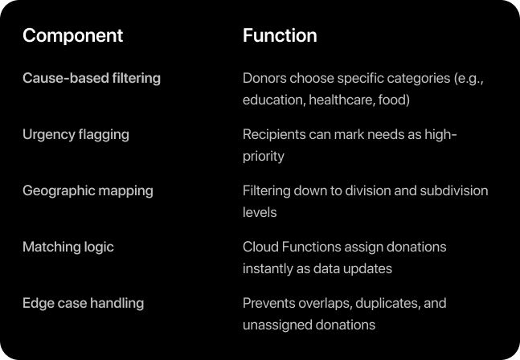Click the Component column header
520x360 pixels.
tap(72, 36)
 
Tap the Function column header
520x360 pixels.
tap(280, 35)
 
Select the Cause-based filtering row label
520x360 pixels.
tap(92, 78)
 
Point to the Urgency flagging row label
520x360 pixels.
tap(76, 135)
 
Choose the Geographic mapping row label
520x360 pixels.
tap(88, 191)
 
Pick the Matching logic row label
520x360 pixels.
tap(68, 247)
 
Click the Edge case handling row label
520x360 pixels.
tap(84, 303)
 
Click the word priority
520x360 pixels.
tap(264, 157)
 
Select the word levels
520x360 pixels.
tap(260, 212)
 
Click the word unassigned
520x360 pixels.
tap(272, 325)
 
